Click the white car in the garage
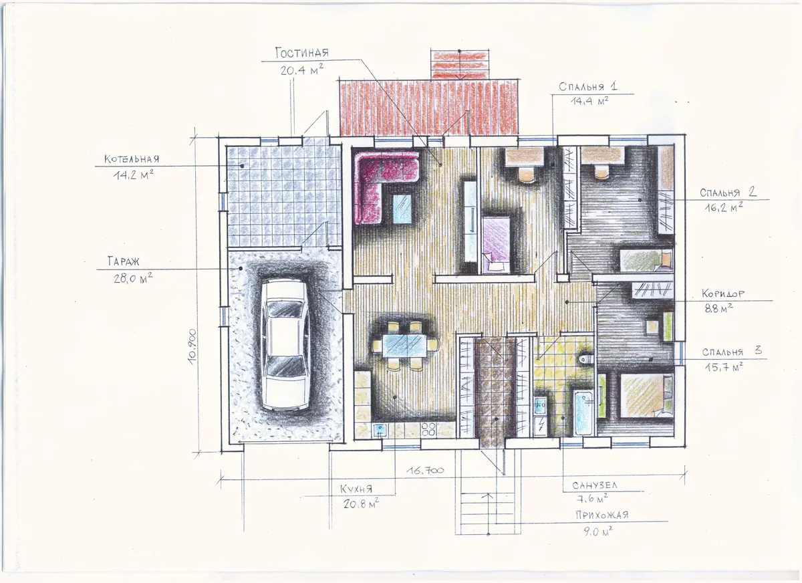(286, 344)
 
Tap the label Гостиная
(302, 53)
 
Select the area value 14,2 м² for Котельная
(133, 174)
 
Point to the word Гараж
(124, 261)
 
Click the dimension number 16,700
(425, 470)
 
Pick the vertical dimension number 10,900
(192, 346)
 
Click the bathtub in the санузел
(583, 413)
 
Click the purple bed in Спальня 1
(496, 244)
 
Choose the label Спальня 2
(728, 193)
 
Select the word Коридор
(723, 294)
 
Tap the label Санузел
(595, 485)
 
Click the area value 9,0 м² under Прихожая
(598, 531)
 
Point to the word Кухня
(356, 489)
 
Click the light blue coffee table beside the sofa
(402, 209)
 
